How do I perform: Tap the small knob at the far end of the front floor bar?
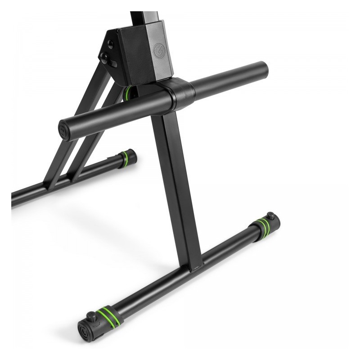click(x=270, y=216)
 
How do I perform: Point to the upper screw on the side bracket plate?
click(x=110, y=44)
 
